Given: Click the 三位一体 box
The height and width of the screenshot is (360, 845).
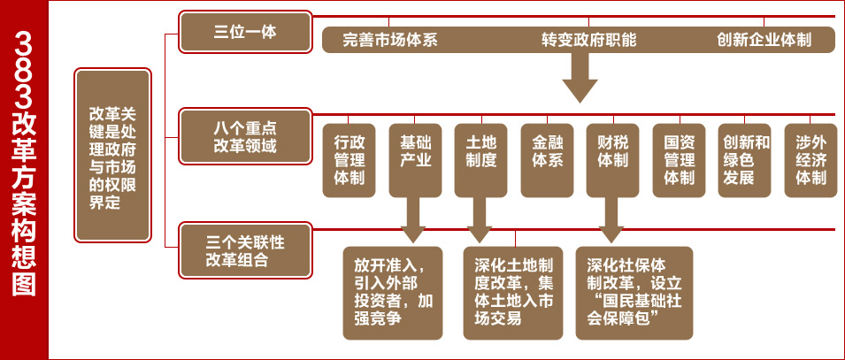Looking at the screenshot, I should point(245,32).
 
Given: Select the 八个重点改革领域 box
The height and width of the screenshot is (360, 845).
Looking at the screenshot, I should point(245,136).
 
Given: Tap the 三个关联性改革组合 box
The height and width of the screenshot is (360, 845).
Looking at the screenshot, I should point(245,250).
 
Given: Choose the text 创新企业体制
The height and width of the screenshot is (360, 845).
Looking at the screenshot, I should point(764,40).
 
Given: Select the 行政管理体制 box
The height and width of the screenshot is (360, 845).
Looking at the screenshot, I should point(349,159).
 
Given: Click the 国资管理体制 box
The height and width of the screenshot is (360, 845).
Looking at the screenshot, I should point(678,159).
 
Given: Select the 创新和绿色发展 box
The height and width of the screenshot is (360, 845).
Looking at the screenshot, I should point(745,159).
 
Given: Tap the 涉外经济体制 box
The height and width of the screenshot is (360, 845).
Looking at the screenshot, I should point(810,159).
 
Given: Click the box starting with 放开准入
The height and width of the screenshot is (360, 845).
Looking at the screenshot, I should point(393,292).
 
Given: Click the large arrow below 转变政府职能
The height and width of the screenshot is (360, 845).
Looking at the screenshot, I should point(580,78).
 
